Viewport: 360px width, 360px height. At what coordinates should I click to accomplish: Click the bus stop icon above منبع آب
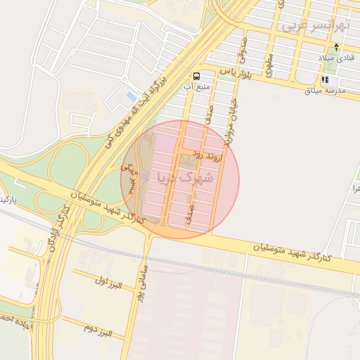[195, 75]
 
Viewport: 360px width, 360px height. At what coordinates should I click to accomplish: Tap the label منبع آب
[198, 86]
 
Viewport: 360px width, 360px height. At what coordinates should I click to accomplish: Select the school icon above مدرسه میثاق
[324, 80]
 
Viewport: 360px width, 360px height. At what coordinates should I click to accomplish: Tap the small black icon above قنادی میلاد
[336, 48]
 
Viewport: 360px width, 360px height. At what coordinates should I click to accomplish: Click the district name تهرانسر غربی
[315, 26]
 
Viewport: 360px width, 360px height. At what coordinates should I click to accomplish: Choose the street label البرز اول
[109, 283]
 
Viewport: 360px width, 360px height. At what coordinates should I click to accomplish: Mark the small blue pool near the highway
[131, 96]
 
